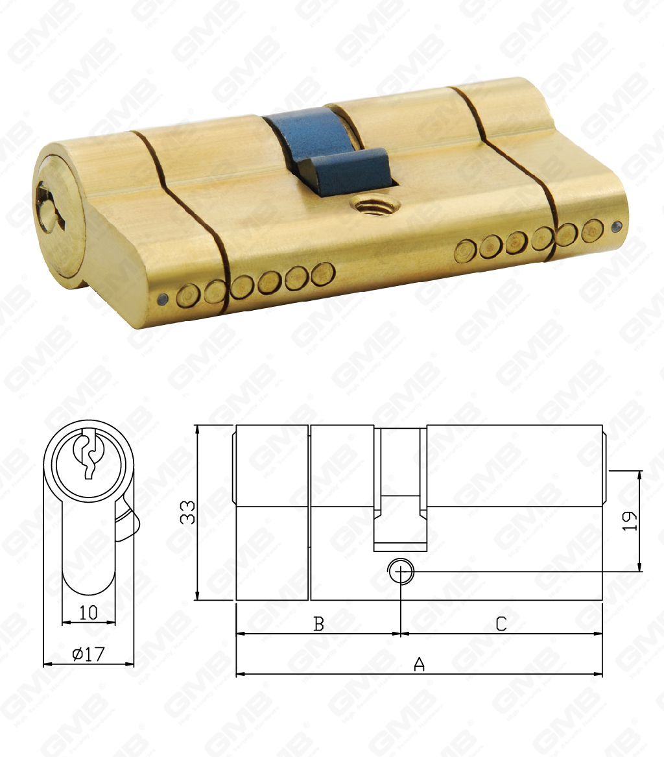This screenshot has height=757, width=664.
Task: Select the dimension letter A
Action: point(420,664)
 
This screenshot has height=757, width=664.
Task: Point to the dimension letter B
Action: point(318,623)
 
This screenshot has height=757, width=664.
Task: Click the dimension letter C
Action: point(501,623)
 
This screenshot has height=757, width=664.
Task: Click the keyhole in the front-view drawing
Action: point(88,455)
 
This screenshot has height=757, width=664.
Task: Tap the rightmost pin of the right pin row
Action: point(591,230)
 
